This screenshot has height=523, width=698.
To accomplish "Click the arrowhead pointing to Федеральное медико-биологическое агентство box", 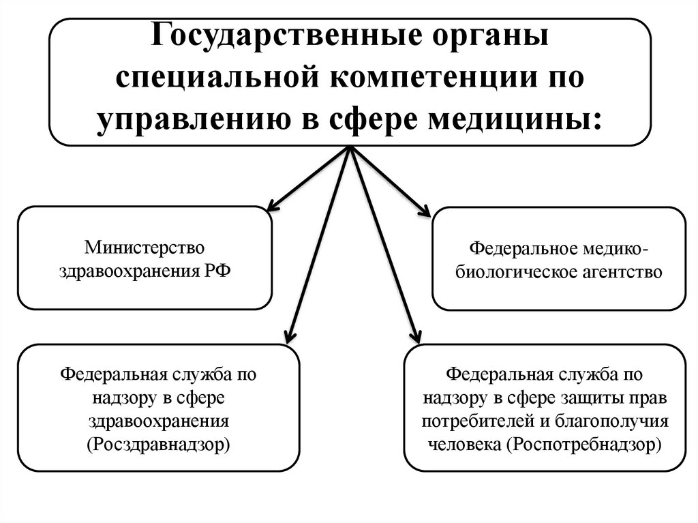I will point(425,212).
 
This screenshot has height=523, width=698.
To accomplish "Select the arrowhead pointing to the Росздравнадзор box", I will point(288,335).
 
